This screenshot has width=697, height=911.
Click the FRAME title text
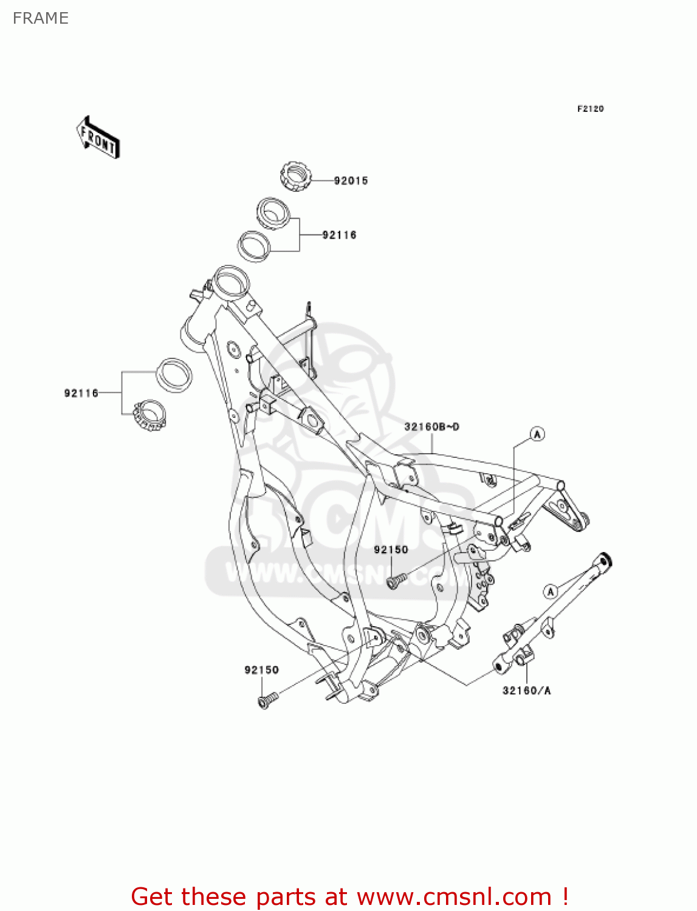(40, 18)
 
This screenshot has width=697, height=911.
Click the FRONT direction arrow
(98, 138)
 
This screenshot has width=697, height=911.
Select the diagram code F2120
(590, 109)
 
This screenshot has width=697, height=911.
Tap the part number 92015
(351, 181)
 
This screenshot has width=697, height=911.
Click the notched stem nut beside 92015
(296, 176)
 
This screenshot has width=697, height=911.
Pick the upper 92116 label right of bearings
(339, 236)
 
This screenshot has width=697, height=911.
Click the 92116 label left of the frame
(81, 394)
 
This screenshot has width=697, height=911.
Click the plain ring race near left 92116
(174, 375)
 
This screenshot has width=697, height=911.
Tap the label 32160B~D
(431, 427)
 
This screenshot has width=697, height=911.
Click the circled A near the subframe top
(537, 434)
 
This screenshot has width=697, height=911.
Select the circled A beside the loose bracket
(551, 591)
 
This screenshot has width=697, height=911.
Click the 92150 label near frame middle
(391, 550)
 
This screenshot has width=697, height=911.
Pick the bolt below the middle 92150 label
(396, 581)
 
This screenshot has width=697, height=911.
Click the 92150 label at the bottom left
(261, 670)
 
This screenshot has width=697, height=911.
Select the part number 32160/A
(526, 691)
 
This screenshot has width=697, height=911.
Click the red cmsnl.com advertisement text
(349, 896)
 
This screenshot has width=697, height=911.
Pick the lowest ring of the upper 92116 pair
(254, 246)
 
